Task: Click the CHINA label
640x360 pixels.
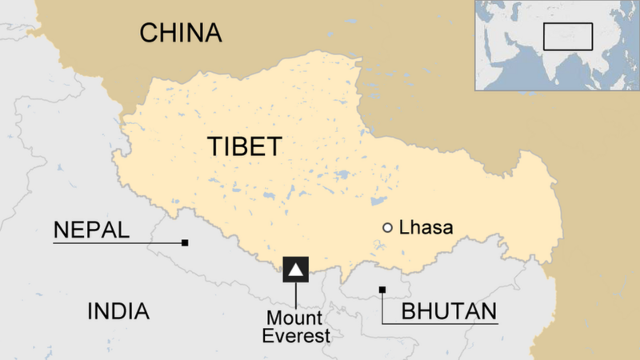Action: pos(180,33)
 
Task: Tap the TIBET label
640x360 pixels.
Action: pos(245,147)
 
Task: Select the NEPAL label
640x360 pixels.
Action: pos(90,230)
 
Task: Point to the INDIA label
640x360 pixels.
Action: pos(118,311)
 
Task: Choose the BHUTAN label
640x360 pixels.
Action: pos(449,311)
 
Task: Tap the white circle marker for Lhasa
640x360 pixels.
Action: pos(388,228)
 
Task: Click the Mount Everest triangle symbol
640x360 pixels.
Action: pos(296,270)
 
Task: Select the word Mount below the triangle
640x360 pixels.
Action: pos(296,319)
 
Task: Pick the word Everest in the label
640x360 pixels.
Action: pos(297,336)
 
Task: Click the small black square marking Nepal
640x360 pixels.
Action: pos(185,242)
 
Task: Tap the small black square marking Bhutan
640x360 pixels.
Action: pos(382,290)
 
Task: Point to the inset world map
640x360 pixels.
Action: pos(557,45)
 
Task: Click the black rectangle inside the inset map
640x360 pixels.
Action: pos(567,36)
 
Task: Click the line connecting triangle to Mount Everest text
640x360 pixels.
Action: pos(296,296)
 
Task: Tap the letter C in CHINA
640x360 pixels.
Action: pos(150,33)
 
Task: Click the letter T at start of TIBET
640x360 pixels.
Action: pos(214,147)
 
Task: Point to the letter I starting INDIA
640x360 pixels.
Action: pos(90,311)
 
